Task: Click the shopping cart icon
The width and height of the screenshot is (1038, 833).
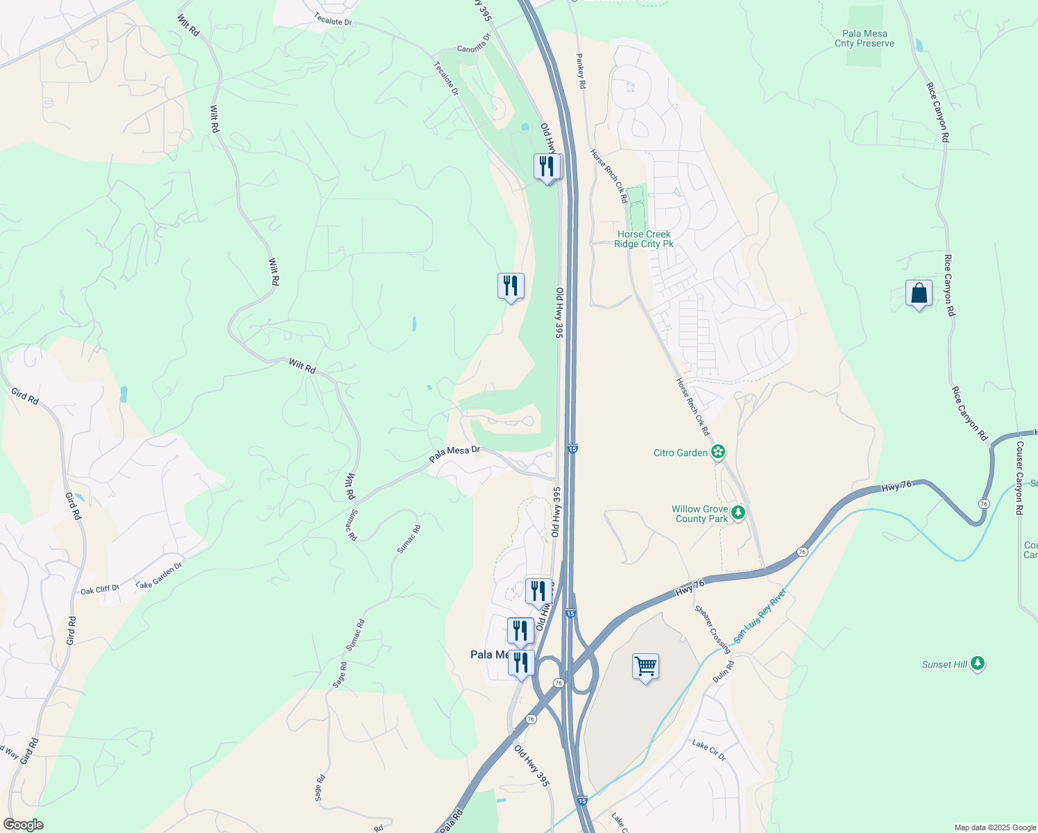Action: [x=645, y=667]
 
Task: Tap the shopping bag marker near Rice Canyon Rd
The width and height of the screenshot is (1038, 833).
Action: [x=919, y=294]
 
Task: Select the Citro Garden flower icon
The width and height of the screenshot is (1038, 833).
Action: [x=718, y=453]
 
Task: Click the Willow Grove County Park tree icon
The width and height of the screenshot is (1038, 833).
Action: [x=739, y=513]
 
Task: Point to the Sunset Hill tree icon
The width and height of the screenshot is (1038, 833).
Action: [x=978, y=664]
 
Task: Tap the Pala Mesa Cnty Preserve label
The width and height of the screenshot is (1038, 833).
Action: [x=865, y=38]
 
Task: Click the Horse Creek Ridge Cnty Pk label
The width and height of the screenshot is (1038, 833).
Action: [x=644, y=239]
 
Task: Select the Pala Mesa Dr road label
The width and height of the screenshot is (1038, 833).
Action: [x=454, y=454]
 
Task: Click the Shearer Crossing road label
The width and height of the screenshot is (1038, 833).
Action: [x=713, y=630]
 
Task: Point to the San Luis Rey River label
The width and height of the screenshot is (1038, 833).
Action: [x=760, y=615]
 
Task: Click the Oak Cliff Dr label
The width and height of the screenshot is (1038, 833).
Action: [x=100, y=589]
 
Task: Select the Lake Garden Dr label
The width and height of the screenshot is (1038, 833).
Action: [x=159, y=575]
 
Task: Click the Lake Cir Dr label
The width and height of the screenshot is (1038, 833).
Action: [x=708, y=750]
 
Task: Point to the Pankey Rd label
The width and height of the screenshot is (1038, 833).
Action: [x=581, y=71]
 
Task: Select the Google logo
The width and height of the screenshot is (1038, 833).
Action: [x=23, y=825]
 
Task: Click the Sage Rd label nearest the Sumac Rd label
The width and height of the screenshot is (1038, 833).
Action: [x=339, y=675]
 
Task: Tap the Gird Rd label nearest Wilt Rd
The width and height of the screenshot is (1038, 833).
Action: [x=24, y=396]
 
